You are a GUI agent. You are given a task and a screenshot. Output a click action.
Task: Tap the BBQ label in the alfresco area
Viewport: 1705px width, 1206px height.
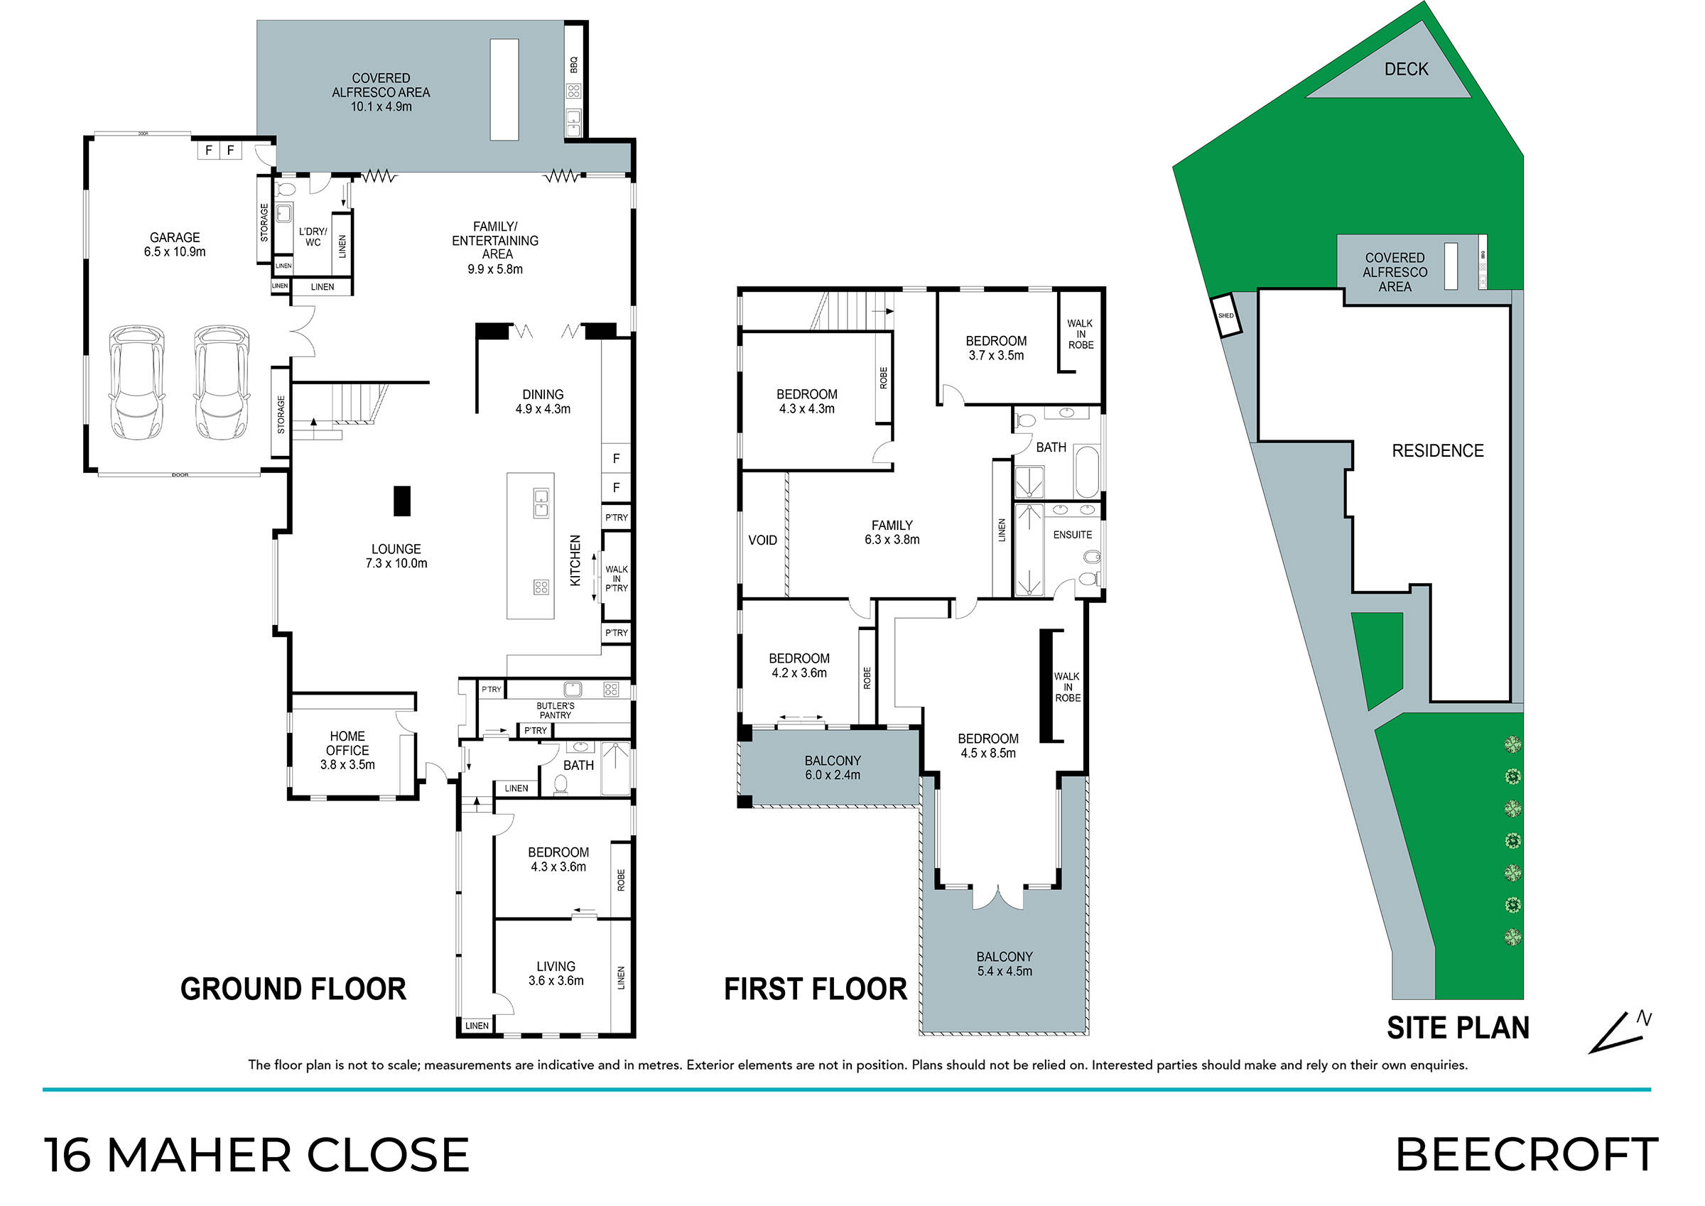[573, 65]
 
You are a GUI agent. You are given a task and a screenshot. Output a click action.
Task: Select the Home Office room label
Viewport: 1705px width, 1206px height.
[347, 750]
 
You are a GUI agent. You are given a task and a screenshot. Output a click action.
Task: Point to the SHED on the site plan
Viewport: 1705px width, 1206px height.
[1225, 315]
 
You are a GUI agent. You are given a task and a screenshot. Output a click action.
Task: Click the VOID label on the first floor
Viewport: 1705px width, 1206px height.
[763, 540]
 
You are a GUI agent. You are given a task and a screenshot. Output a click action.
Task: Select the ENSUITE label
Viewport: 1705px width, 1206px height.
[1072, 535]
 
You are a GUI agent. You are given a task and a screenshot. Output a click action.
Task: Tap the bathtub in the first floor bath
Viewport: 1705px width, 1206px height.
[1086, 472]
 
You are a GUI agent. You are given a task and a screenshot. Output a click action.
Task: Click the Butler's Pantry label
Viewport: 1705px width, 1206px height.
[556, 710]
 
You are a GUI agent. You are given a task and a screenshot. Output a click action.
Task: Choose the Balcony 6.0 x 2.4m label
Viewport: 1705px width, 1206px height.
[833, 767]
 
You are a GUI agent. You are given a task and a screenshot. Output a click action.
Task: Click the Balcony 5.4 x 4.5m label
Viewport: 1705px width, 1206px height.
[1004, 964]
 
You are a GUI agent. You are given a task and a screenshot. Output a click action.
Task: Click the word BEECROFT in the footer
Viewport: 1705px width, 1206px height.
[1527, 1154]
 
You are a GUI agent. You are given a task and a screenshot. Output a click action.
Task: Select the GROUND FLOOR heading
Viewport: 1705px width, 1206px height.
[293, 989]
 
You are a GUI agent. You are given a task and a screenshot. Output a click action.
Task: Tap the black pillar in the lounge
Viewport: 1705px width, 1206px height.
[402, 501]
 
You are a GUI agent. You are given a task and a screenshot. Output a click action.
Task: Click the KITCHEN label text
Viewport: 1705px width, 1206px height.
[575, 560]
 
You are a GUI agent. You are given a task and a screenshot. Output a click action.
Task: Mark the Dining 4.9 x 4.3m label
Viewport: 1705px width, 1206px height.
[543, 402]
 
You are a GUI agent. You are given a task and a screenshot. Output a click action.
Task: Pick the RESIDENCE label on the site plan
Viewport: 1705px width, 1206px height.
[1438, 451]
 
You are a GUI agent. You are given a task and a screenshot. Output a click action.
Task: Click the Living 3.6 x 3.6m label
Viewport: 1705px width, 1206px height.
[556, 973]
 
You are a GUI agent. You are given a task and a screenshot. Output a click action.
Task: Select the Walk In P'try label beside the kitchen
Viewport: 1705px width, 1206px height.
[617, 578]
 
